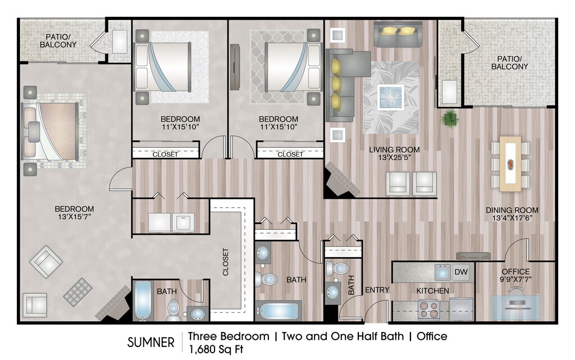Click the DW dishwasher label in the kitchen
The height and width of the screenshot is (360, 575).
point(461,272)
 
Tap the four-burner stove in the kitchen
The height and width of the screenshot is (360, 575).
point(429,310)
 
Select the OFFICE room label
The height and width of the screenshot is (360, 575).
point(515,272)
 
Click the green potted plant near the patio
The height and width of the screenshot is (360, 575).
point(449,118)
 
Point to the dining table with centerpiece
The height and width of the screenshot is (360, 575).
point(510,163)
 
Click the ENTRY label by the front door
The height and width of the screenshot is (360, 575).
point(377,290)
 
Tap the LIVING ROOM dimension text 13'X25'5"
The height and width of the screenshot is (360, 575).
point(394,158)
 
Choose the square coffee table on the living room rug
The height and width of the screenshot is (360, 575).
point(391,97)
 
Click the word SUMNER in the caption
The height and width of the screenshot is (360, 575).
point(150,343)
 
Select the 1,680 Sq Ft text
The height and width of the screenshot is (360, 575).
point(216,349)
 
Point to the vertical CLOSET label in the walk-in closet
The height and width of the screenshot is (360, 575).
point(225,262)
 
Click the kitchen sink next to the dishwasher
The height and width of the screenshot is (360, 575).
point(442,272)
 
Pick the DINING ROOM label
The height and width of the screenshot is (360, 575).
point(512,210)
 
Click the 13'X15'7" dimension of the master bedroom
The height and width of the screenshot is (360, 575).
point(74,217)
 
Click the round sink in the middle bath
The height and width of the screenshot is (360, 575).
point(263,253)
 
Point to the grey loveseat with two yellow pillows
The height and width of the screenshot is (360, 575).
point(397,34)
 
